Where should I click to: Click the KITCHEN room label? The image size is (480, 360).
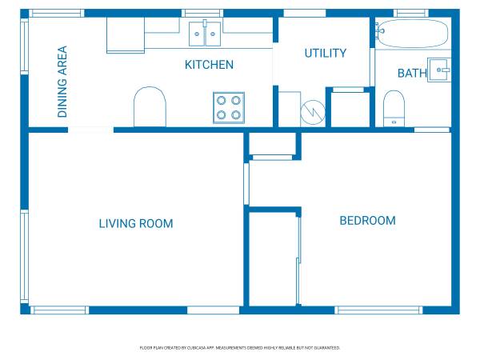pos(209,65)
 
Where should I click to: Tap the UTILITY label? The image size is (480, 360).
pos(326,54)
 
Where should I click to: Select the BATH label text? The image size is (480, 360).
pos(412,73)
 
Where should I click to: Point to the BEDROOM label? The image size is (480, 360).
pos(368,221)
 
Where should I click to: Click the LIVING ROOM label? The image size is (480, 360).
pos(136,223)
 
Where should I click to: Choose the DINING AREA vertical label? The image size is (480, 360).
pos(62,82)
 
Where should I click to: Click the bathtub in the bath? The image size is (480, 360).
pos(412,34)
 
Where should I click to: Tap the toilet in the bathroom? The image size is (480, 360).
pos(394,108)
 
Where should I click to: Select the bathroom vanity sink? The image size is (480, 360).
pos(439,70)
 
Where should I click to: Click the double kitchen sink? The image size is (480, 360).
pos(205,34)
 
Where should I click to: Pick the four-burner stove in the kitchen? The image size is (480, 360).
pos(229,108)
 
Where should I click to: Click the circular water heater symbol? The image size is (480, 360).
pos(313,112)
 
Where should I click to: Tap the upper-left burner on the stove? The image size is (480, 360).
pos(222,101)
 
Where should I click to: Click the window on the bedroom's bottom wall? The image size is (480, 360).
pos(378,310)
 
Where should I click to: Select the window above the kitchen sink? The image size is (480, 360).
pos(202,13)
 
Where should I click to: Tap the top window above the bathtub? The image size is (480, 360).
pos(411,13)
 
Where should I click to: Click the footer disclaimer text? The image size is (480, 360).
pos(240,348)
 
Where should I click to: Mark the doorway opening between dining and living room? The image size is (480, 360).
pos(90,130)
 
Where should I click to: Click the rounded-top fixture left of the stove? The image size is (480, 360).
pos(150,107)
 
